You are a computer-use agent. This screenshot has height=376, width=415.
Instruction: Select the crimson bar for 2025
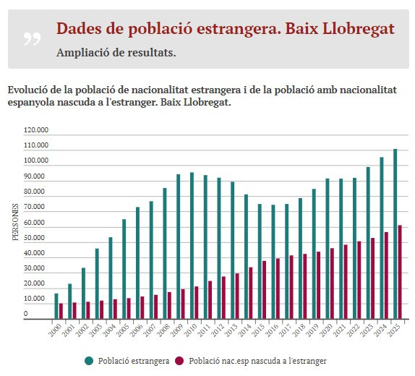(400, 272)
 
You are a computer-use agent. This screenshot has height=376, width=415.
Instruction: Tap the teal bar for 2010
(192, 245)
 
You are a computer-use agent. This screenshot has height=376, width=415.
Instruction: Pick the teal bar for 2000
(56, 306)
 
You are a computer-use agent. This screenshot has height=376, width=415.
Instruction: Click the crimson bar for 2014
(251, 293)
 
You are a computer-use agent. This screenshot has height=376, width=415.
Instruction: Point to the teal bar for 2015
(260, 261)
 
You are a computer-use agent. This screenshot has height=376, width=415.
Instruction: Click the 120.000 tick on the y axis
(36, 131)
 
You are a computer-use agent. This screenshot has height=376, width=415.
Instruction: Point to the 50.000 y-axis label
(36, 238)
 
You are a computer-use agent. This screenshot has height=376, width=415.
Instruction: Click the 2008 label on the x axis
(163, 332)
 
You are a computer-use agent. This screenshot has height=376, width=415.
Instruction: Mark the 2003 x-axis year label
(95, 332)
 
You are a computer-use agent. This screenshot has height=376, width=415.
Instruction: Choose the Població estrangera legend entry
(127, 360)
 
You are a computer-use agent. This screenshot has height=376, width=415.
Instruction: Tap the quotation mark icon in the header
(32, 38)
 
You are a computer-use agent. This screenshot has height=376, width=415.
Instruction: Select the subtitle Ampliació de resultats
(116, 53)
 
